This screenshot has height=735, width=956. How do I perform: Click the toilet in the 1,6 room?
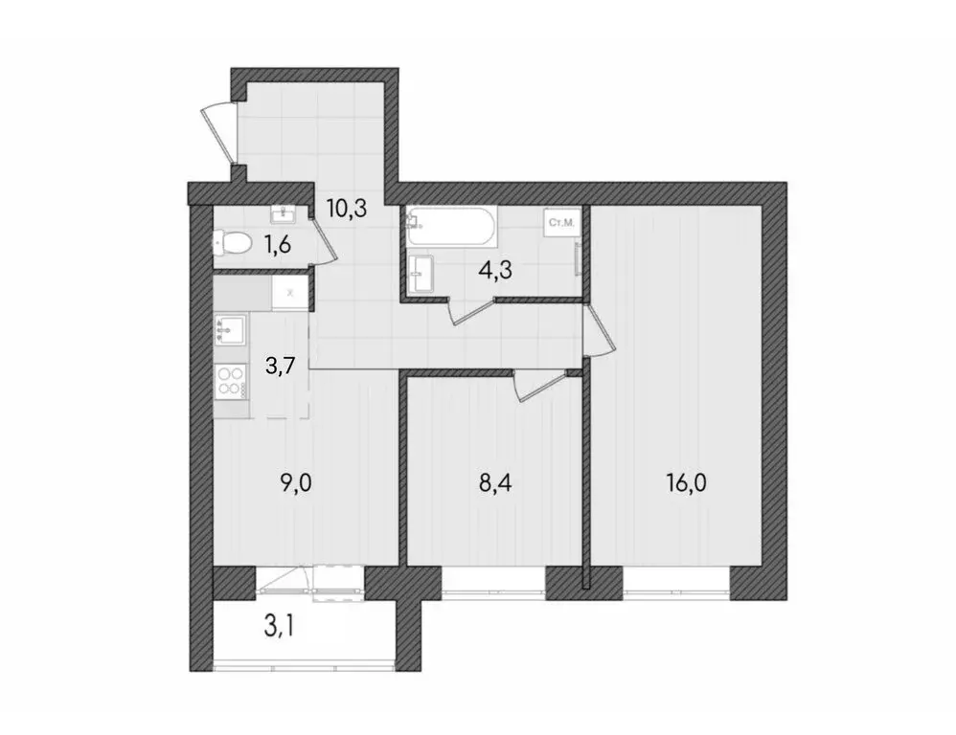point(234,244)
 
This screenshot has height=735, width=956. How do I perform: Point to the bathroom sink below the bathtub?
point(421,275)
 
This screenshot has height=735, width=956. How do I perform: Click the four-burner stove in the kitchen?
point(231,382)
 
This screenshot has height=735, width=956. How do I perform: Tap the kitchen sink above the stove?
point(232,331)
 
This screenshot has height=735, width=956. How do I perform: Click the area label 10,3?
point(346,208)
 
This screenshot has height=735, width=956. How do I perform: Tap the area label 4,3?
point(495,269)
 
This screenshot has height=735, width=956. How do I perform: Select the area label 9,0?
point(298,481)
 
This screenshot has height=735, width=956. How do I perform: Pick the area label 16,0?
point(686,481)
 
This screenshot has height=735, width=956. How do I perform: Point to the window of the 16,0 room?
point(675,580)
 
